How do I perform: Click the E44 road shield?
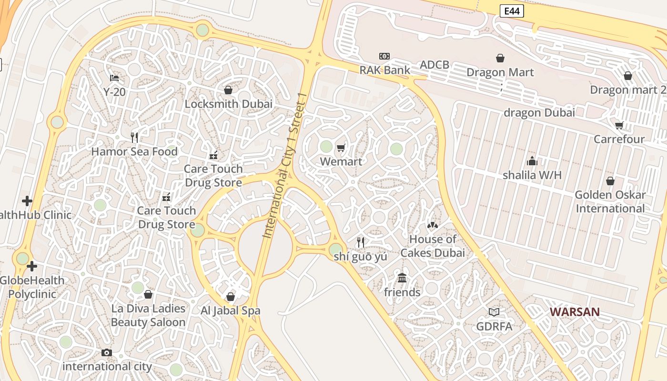512,11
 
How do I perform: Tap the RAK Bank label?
384,70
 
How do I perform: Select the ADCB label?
434,65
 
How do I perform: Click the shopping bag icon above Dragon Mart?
500,58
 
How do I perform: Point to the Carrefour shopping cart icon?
619,125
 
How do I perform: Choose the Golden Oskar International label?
610,201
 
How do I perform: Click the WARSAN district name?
575,312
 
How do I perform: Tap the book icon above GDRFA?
494,312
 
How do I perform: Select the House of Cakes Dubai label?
433,246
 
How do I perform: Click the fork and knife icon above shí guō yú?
361,242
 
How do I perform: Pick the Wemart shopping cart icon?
341,148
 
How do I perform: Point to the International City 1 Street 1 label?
283,165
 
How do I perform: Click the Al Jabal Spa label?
231,311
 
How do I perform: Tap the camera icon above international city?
107,352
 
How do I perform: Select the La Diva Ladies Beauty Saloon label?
148,315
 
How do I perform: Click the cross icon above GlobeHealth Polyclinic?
32,266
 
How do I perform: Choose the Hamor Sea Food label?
134,151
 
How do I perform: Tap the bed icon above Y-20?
114,78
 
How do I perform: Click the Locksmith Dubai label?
229,104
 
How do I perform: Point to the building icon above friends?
402,278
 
